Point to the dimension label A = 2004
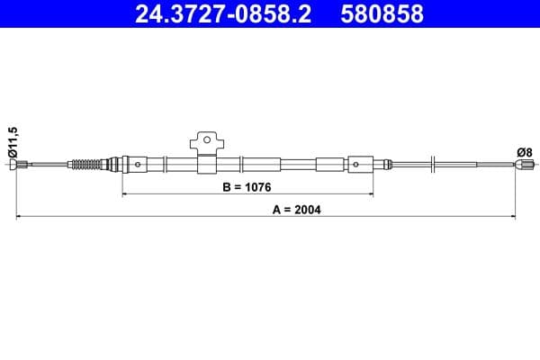point(296,210)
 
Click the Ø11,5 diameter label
point(12,142)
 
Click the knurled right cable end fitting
point(521,164)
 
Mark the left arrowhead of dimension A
point(18,217)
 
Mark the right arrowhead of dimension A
point(514,217)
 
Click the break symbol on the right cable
point(434,164)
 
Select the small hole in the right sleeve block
point(355,165)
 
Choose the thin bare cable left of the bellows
point(49,164)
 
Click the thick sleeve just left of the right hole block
point(329,165)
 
